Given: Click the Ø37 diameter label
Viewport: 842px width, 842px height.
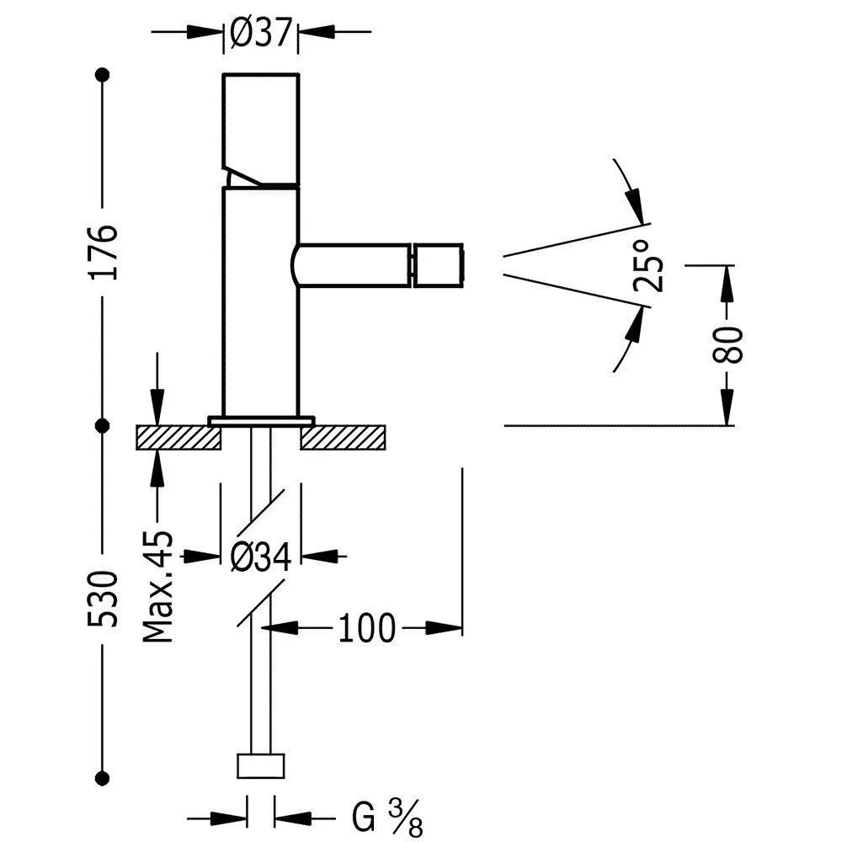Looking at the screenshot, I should (x=259, y=34).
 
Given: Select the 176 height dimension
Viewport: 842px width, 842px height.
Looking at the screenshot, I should (x=103, y=250).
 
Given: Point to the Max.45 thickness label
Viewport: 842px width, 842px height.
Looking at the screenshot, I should (x=157, y=586).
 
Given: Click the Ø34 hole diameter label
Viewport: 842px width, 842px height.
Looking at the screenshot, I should (x=260, y=556).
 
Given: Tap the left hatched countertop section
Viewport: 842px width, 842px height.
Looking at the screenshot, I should (x=178, y=437).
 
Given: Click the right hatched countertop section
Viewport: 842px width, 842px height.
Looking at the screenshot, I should (x=344, y=437).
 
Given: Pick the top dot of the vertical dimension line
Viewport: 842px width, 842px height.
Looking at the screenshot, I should (x=103, y=74).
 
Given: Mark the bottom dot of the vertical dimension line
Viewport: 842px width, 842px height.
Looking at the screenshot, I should (x=103, y=776).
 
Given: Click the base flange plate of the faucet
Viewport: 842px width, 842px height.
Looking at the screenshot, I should (x=261, y=419).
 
